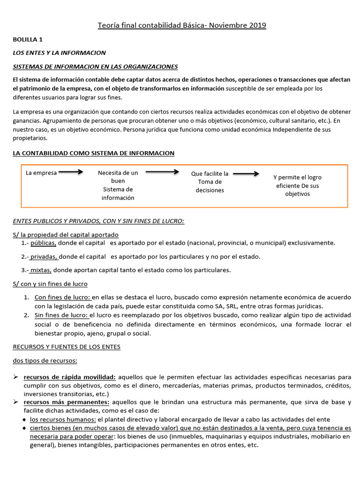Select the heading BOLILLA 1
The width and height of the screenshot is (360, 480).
[28, 40]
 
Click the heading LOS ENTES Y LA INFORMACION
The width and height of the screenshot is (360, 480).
[59, 53]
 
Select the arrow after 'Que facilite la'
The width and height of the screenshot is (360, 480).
[246, 173]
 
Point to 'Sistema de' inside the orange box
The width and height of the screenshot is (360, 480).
[118, 189]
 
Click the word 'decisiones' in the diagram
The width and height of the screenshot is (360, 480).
[210, 190]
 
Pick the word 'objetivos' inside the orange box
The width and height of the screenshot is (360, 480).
[298, 194]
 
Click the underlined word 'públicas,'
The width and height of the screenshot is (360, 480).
[44, 243]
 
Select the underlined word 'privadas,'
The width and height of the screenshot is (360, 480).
[45, 256]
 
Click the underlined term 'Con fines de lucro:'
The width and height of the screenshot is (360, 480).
[63, 298]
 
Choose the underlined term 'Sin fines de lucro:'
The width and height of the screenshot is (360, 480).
[62, 315]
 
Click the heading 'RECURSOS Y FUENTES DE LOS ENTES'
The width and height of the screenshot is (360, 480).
[67, 347]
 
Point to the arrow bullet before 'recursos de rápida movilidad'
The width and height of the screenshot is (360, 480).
[15, 376]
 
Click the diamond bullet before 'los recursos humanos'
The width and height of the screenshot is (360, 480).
[25, 419]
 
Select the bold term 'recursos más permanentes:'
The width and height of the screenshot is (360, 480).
[67, 402]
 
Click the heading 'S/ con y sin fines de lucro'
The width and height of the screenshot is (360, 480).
[50, 284]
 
